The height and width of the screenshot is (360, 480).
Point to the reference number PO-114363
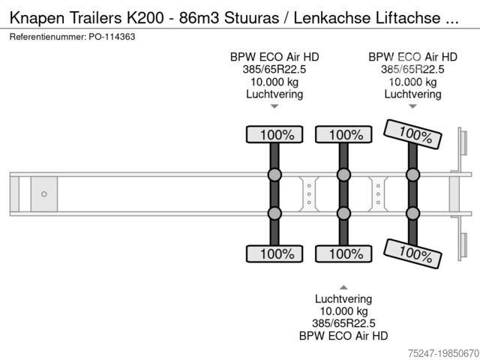(112, 37)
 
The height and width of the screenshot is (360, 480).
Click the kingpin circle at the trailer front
(44, 194)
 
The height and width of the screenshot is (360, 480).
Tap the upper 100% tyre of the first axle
(274, 135)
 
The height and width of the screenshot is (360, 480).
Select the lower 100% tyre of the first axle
(274, 253)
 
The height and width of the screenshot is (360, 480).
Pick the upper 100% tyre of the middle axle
(343, 135)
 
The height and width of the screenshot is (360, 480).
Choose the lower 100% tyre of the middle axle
(343, 253)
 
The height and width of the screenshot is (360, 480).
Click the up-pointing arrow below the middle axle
(343, 287)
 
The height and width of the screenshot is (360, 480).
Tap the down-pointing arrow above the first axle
(274, 106)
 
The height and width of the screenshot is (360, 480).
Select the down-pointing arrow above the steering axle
(412, 106)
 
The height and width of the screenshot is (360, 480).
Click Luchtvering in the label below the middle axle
(343, 298)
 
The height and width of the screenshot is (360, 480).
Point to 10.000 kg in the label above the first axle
(274, 82)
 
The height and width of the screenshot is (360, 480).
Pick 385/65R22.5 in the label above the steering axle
(412, 69)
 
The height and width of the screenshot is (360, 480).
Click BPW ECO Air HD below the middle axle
(343, 335)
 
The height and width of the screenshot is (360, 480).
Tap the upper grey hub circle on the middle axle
(343, 175)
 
